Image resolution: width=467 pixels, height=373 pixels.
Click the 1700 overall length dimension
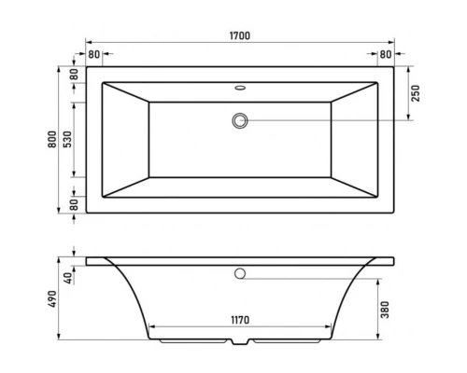pos(239,35)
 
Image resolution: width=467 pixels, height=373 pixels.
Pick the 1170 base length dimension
pos(239,320)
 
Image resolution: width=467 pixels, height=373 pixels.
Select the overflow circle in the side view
pos(240,274)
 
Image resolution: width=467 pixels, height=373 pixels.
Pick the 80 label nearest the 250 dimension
pos(387,55)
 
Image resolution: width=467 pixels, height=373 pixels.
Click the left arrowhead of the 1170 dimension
pos(151,328)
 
